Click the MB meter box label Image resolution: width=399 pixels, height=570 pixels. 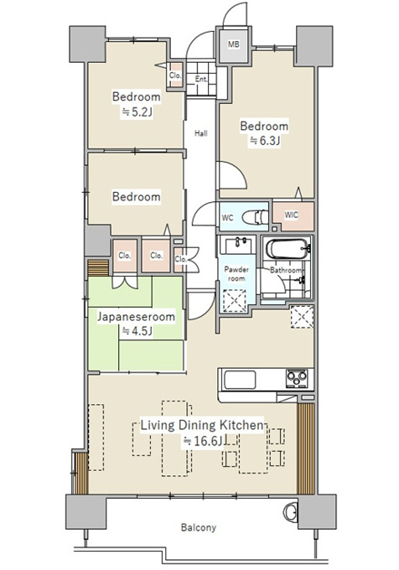tap(234, 44)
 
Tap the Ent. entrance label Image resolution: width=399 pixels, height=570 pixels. tap(201, 79)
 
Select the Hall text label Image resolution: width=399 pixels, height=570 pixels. tap(200, 133)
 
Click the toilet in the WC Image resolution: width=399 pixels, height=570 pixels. tap(255, 218)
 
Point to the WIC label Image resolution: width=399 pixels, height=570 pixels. tap(291, 215)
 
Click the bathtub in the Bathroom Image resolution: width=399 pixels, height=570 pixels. tap(288, 248)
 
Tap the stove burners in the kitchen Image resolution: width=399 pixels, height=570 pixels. tap(298, 379)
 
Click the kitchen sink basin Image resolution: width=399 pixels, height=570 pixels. tap(240, 380)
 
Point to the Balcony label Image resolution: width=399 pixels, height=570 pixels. tap(199, 527)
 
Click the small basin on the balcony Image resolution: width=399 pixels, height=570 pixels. tap(290, 512)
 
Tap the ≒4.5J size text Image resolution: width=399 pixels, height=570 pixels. tap(137, 331)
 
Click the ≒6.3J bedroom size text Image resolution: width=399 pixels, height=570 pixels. tap(264, 141)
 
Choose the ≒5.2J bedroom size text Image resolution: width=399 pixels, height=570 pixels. tap(137, 111)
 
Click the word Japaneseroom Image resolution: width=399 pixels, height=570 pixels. tap(136, 317)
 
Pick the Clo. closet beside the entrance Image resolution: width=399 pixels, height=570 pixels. tap(175, 75)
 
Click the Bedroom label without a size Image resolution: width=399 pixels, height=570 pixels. tap(137, 197)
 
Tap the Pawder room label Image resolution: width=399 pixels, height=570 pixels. tap(236, 274)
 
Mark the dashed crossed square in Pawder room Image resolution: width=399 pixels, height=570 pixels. tap(235, 300)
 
